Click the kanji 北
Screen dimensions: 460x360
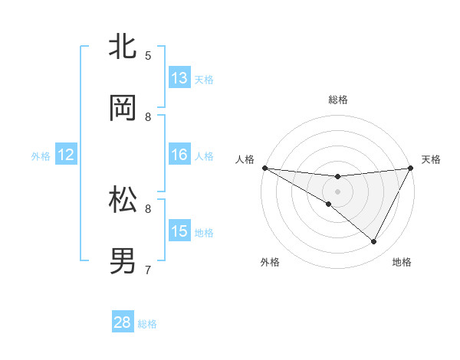coord(124,47)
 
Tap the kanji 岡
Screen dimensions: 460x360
coord(124,108)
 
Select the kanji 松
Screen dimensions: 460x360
coord(124,201)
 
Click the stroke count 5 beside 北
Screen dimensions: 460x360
coord(148,55)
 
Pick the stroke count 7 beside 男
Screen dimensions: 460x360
coord(148,270)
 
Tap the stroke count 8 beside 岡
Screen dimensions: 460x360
coord(148,116)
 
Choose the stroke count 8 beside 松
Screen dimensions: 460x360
coord(148,208)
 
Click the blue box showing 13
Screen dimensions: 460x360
coord(179,78)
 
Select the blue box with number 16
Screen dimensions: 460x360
coord(179,155)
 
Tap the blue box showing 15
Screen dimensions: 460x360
coord(179,231)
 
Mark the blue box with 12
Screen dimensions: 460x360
coord(66,155)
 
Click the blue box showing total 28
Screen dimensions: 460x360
coord(123,322)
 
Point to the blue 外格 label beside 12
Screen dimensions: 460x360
coord(41,156)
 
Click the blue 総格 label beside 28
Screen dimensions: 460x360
coord(147,324)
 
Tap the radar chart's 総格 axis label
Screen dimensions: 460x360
coord(337,100)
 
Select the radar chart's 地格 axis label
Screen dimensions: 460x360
coord(402,262)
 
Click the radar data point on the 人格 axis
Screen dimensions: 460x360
coord(264,167)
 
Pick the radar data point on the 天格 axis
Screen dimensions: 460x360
coord(410,168)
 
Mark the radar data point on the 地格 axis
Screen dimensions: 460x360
coord(374,242)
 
